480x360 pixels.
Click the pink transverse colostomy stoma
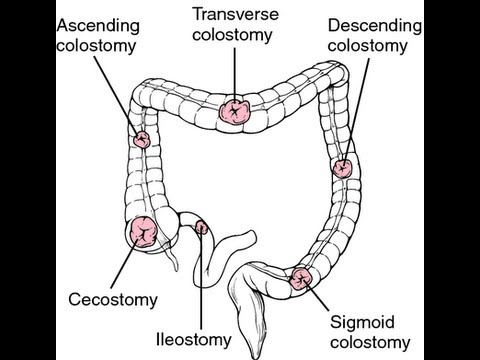236,110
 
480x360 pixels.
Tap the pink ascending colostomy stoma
142,139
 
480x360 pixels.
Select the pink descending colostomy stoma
342,169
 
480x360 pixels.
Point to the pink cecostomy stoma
143,231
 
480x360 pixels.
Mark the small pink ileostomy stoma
201,228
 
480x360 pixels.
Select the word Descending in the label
366,24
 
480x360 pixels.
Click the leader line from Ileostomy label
204,280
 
